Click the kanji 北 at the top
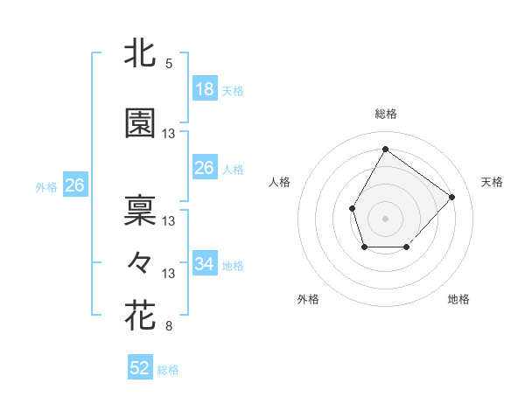click(x=140, y=52)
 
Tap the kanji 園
click(x=140, y=123)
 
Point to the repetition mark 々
click(x=140, y=261)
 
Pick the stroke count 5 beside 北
click(x=169, y=64)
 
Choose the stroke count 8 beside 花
click(x=169, y=327)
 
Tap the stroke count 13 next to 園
click(x=169, y=134)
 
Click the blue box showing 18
click(x=204, y=88)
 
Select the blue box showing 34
click(x=204, y=263)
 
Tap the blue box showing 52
click(x=140, y=368)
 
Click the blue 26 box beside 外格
click(x=74, y=185)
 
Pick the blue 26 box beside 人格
click(x=204, y=168)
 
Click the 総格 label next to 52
click(x=168, y=370)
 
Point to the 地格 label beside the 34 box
click(x=233, y=265)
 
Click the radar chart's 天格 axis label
click(x=492, y=182)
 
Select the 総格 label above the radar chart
click(x=385, y=114)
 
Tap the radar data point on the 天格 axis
click(x=451, y=197)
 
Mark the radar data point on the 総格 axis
click(x=385, y=149)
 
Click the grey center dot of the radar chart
click(x=385, y=218)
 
